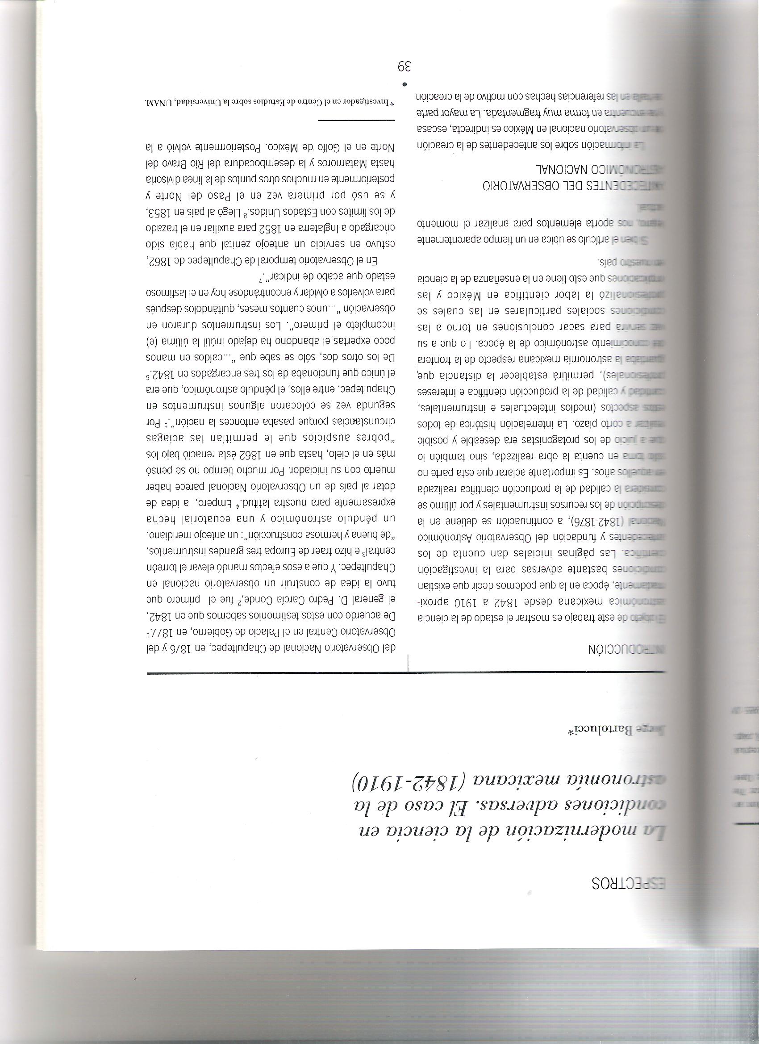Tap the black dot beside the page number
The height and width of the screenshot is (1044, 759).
coord(405,85)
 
